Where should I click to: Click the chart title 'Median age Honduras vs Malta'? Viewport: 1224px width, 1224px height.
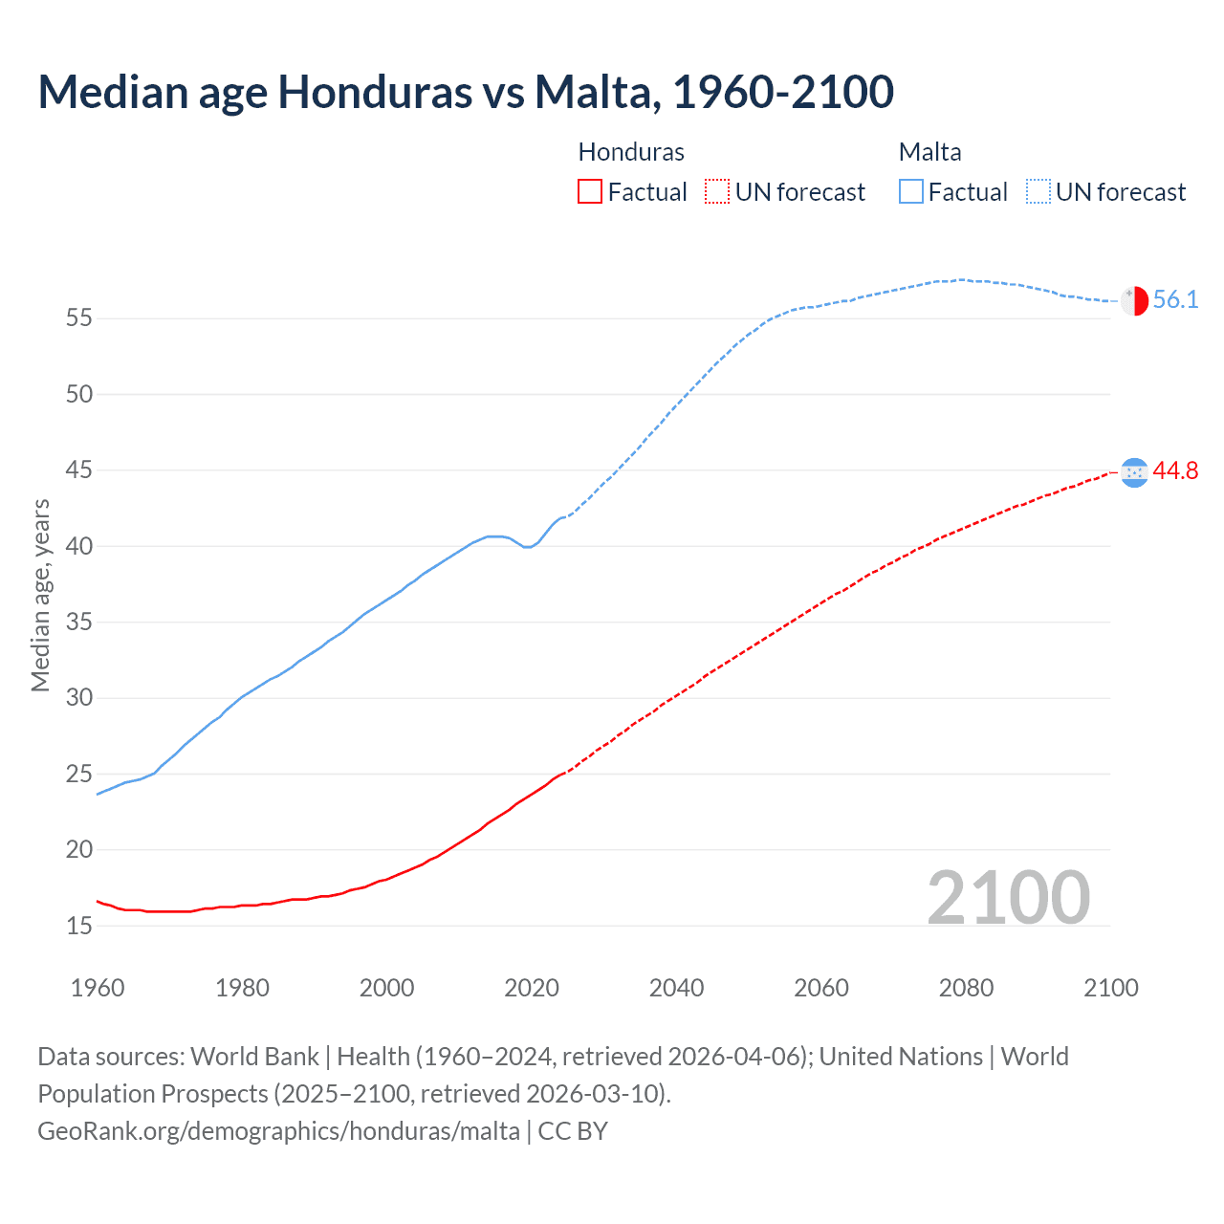click(x=466, y=92)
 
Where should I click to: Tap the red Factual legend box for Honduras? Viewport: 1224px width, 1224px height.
click(x=590, y=191)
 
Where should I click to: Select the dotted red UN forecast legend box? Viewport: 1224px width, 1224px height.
click(x=717, y=191)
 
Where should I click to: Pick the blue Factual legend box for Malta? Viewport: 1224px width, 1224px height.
click(x=911, y=191)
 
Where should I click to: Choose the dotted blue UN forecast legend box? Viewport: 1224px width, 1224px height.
click(x=1038, y=191)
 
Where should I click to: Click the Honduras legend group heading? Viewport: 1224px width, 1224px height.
click(x=631, y=152)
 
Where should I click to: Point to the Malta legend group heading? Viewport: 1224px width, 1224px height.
click(x=929, y=152)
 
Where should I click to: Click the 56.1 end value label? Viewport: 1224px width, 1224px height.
click(x=1175, y=299)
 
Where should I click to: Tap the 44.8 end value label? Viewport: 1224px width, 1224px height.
click(x=1175, y=470)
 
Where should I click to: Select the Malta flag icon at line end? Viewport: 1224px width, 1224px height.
click(x=1134, y=300)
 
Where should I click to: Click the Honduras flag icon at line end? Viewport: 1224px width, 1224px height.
click(x=1134, y=471)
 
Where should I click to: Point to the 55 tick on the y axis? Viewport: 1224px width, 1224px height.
click(x=79, y=317)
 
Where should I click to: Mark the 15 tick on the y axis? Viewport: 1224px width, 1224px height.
click(x=79, y=926)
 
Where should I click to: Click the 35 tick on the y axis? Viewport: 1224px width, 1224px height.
click(x=79, y=622)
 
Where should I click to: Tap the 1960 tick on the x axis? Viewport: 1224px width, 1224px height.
click(x=98, y=988)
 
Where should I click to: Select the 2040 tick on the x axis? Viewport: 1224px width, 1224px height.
click(x=676, y=988)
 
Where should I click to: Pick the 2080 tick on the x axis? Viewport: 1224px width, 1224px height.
click(x=966, y=988)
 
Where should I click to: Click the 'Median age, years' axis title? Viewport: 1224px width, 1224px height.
click(x=40, y=595)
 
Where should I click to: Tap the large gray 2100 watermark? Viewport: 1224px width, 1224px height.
click(x=1008, y=897)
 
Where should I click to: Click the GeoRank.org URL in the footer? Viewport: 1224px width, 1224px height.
click(x=278, y=1130)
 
